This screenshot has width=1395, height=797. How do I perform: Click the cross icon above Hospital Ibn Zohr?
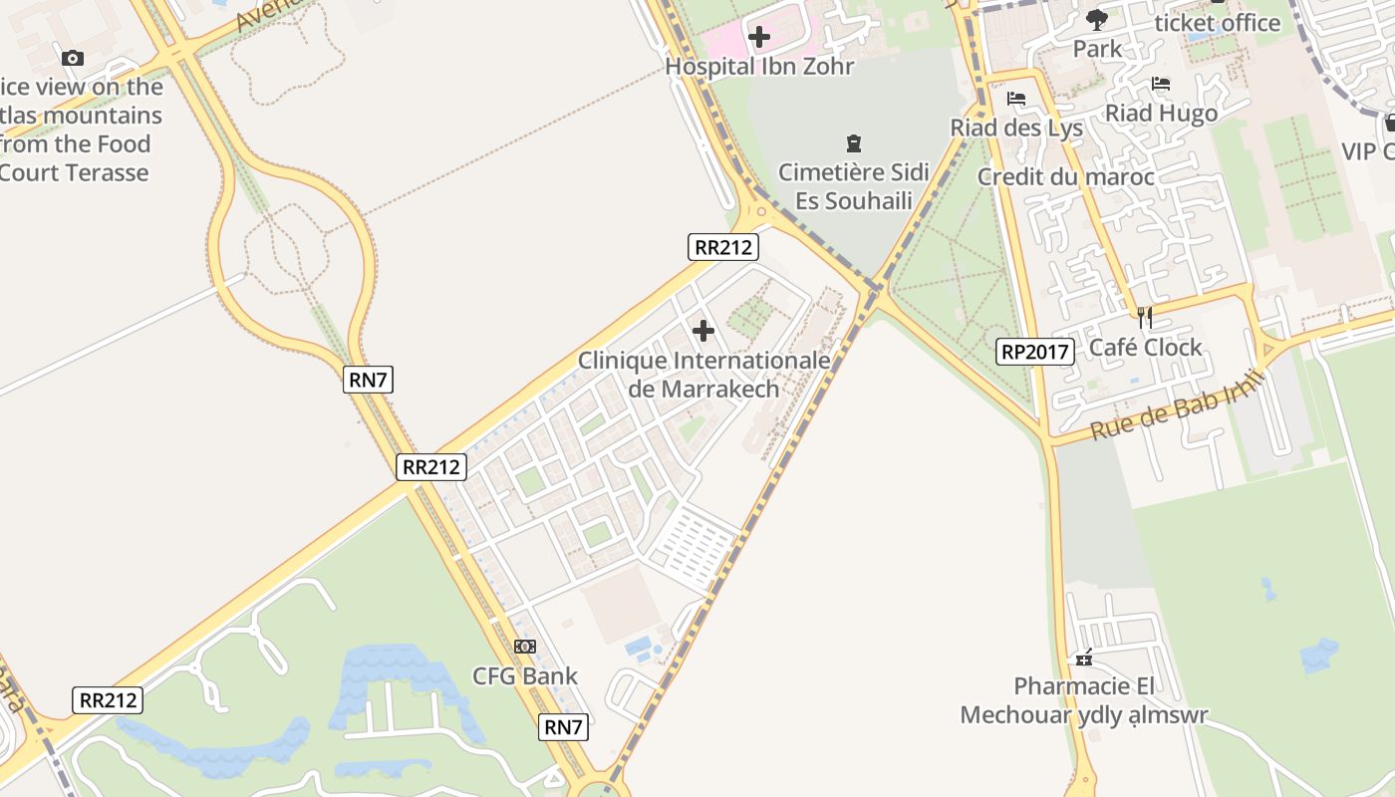click(759, 38)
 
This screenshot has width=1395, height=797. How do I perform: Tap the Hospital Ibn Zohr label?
click(759, 67)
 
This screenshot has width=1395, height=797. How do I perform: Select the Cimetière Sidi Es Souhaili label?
click(853, 186)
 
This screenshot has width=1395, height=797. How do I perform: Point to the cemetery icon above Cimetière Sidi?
click(853, 143)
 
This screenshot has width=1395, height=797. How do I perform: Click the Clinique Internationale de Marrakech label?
click(703, 374)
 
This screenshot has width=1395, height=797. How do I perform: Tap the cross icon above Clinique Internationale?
click(703, 331)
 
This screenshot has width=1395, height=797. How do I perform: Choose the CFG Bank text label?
click(524, 676)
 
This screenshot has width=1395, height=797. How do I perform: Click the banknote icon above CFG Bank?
click(524, 647)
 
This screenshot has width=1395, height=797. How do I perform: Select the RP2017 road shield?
click(1035, 351)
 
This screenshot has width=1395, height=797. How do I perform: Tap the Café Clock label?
click(1145, 348)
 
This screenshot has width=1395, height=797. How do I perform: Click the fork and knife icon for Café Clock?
click(1145, 318)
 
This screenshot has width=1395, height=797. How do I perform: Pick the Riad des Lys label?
click(1015, 128)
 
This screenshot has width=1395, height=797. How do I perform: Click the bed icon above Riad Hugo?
click(1160, 84)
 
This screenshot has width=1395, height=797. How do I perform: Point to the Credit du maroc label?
click(1065, 177)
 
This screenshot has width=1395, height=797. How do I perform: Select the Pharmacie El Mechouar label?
click(1084, 700)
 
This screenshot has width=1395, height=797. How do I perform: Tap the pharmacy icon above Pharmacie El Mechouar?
click(1084, 658)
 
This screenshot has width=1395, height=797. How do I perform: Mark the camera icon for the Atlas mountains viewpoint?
click(72, 58)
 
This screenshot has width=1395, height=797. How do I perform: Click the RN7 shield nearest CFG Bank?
click(563, 727)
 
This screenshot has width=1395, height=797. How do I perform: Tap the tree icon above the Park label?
click(1097, 19)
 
